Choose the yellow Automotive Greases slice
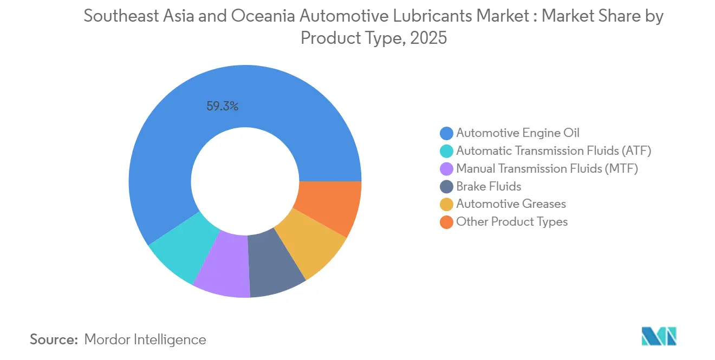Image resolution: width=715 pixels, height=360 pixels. coord(314,241)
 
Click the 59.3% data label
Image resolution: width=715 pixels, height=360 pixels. coord(222,106)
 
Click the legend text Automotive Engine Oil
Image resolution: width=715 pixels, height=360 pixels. coord(518,133)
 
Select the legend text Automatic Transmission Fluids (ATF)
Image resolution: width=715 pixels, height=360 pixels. coord(554,150)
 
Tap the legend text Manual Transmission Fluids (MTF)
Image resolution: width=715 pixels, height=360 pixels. coord(547,168)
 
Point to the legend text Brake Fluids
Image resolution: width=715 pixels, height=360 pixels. coord(489,186)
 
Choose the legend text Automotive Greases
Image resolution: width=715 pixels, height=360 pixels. coord(511,204)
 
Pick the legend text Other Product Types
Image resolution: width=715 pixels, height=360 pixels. coord(512,222)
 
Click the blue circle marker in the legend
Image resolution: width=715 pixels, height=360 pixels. coord(446,133)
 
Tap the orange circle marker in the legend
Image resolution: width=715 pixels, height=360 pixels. coord(446,222)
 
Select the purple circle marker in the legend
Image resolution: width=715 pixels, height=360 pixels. coord(446,169)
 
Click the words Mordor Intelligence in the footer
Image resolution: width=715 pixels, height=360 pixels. coord(145,339)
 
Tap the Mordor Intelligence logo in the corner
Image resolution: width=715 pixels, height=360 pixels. coord(659,336)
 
